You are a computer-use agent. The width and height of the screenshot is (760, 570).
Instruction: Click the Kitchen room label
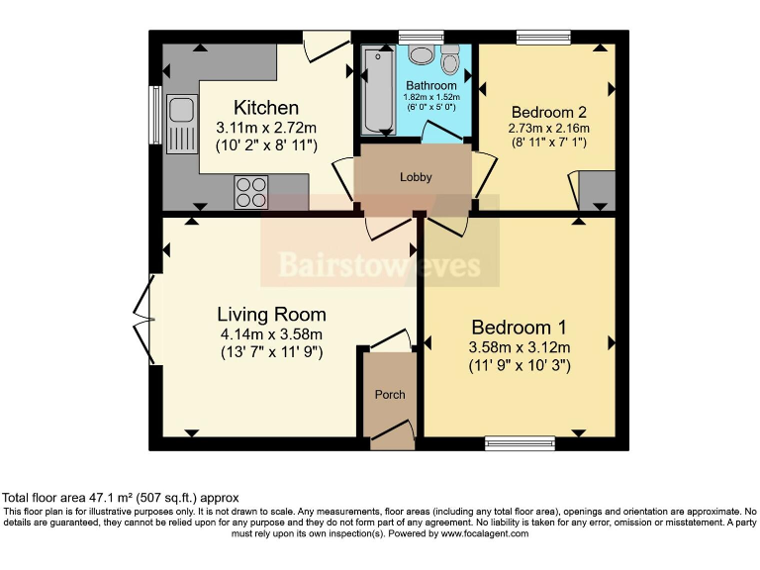point(265,107)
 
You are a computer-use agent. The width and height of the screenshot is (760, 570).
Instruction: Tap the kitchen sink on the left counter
point(181,124)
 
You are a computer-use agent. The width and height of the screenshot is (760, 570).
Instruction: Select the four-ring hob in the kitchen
point(251,191)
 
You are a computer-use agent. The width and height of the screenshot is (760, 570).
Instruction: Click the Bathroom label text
point(431,86)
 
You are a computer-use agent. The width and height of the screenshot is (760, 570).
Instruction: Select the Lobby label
point(416,177)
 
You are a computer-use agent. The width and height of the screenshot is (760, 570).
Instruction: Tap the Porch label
point(390,395)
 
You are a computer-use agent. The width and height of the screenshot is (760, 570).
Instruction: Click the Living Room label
point(271,315)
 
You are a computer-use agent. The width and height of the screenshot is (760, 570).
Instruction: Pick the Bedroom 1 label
point(519,328)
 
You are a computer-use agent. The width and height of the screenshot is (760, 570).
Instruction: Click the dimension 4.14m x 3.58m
point(271,334)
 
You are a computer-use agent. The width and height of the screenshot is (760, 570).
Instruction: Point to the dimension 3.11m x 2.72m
point(265,127)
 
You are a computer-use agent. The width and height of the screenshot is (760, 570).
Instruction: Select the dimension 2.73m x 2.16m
point(547,129)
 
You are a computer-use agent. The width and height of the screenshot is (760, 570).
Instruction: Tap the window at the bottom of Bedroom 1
point(521,443)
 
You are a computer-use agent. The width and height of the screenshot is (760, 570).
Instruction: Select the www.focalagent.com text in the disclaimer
point(474,533)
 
